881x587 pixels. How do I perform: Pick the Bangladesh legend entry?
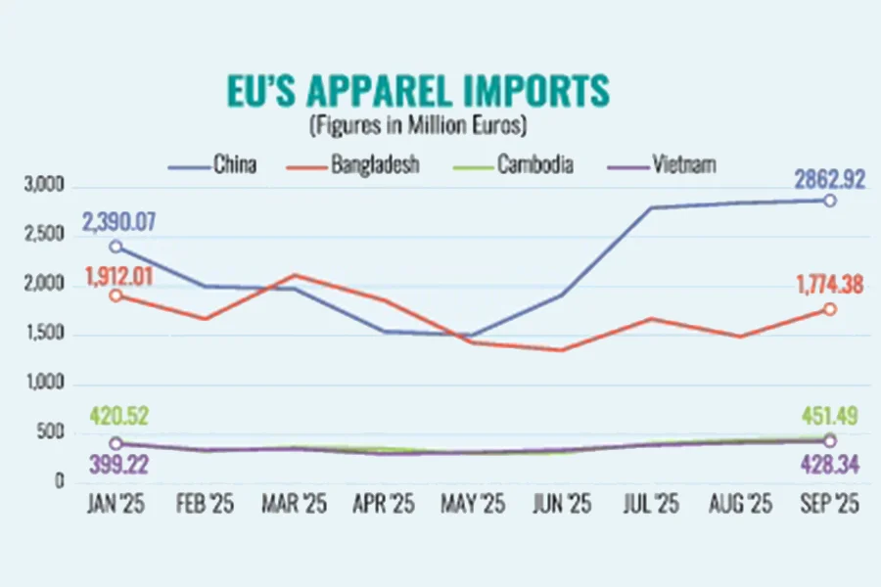point(371,164)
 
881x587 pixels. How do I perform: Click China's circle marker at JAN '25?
point(116,247)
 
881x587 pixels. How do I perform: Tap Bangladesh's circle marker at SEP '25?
point(828,309)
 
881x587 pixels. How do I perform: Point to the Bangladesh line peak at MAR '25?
point(295,275)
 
